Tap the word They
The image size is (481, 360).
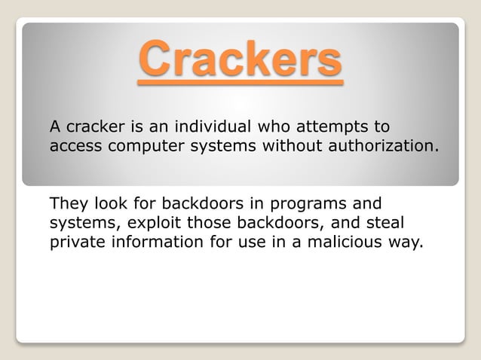click(x=68, y=204)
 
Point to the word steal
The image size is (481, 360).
click(x=386, y=224)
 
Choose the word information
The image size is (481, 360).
click(x=155, y=243)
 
